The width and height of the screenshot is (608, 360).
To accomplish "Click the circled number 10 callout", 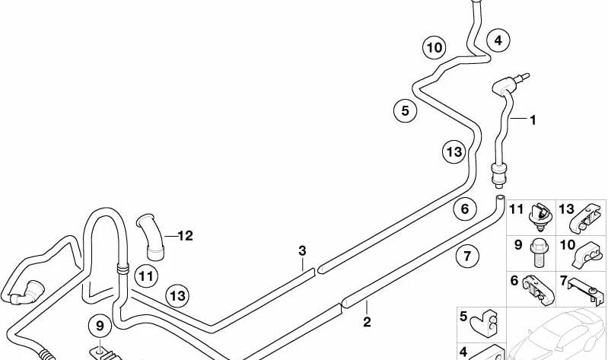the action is pos(434,48).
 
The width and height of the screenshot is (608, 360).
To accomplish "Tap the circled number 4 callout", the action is pos(498,40).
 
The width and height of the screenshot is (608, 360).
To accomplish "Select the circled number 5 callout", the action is pos(405,110).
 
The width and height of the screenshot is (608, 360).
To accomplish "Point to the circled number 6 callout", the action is pos(465,209).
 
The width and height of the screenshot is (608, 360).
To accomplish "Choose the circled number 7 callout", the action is pos(467,256).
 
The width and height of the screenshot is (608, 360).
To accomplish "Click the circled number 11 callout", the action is pos(146,276).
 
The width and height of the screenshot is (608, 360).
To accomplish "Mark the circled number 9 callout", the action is pos(100,326).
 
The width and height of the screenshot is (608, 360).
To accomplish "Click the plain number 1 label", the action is pos(533,120).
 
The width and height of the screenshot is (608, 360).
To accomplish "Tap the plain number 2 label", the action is pos(367,322).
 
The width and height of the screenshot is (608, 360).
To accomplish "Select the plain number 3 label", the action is pos(302,250).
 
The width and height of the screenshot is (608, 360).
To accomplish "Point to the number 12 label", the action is pos(185,235).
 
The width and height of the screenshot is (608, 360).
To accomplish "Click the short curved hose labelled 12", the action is pos(151,237).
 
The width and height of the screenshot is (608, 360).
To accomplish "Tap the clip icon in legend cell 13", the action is pos(584,218).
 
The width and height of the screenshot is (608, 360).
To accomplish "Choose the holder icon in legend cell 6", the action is pos(538,290).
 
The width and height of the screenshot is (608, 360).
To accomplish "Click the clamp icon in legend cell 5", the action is pos(483,323).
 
